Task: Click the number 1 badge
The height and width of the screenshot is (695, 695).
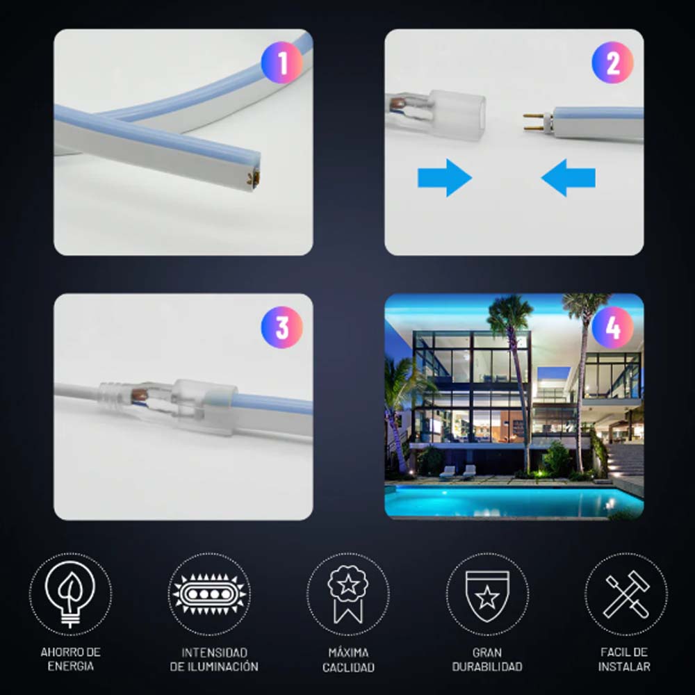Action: (282, 63)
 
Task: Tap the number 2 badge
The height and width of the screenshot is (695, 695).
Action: (612, 63)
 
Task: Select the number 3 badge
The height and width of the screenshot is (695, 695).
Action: (282, 327)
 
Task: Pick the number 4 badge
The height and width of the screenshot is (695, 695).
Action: (612, 327)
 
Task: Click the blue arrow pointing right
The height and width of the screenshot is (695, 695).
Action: (445, 178)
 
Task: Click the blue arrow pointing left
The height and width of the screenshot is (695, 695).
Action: (569, 178)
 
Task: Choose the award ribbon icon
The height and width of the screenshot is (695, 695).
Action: (348, 594)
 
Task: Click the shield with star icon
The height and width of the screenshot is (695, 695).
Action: (487, 596)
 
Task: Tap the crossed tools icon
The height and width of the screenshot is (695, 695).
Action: (626, 594)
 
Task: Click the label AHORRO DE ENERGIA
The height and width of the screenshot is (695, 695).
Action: (70, 659)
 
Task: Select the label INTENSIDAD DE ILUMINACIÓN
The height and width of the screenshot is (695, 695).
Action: (214, 660)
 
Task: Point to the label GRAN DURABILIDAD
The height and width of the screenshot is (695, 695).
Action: (487, 660)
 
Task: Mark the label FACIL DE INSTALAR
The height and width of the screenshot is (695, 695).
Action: (624, 660)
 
